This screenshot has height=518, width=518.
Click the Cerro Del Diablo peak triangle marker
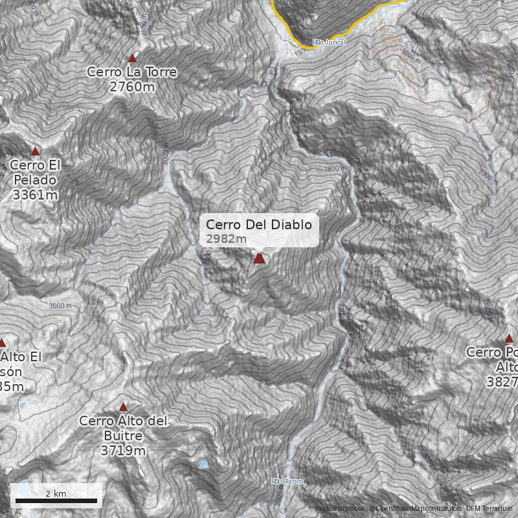tap(260, 258)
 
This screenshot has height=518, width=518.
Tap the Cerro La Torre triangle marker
tap(133, 58)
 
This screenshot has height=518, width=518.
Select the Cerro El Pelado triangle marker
tap(36, 151)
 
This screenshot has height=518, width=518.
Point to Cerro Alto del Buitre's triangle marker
tap(123, 407)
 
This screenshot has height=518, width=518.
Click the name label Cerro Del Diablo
tap(259, 225)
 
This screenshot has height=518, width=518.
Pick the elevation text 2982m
tap(226, 239)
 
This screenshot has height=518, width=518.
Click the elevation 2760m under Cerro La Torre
tap(132, 85)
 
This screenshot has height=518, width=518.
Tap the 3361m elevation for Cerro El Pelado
tap(34, 194)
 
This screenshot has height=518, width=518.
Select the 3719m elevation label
tap(123, 450)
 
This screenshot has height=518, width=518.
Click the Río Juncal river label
tap(329, 42)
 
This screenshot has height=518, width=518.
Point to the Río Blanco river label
tap(287, 481)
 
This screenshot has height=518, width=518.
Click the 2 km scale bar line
tap(56, 501)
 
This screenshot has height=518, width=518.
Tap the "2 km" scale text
tap(56, 493)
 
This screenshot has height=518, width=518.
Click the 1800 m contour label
tap(335, 168)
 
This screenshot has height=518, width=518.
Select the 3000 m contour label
tap(60, 306)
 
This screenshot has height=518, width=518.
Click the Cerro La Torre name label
tap(132, 72)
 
